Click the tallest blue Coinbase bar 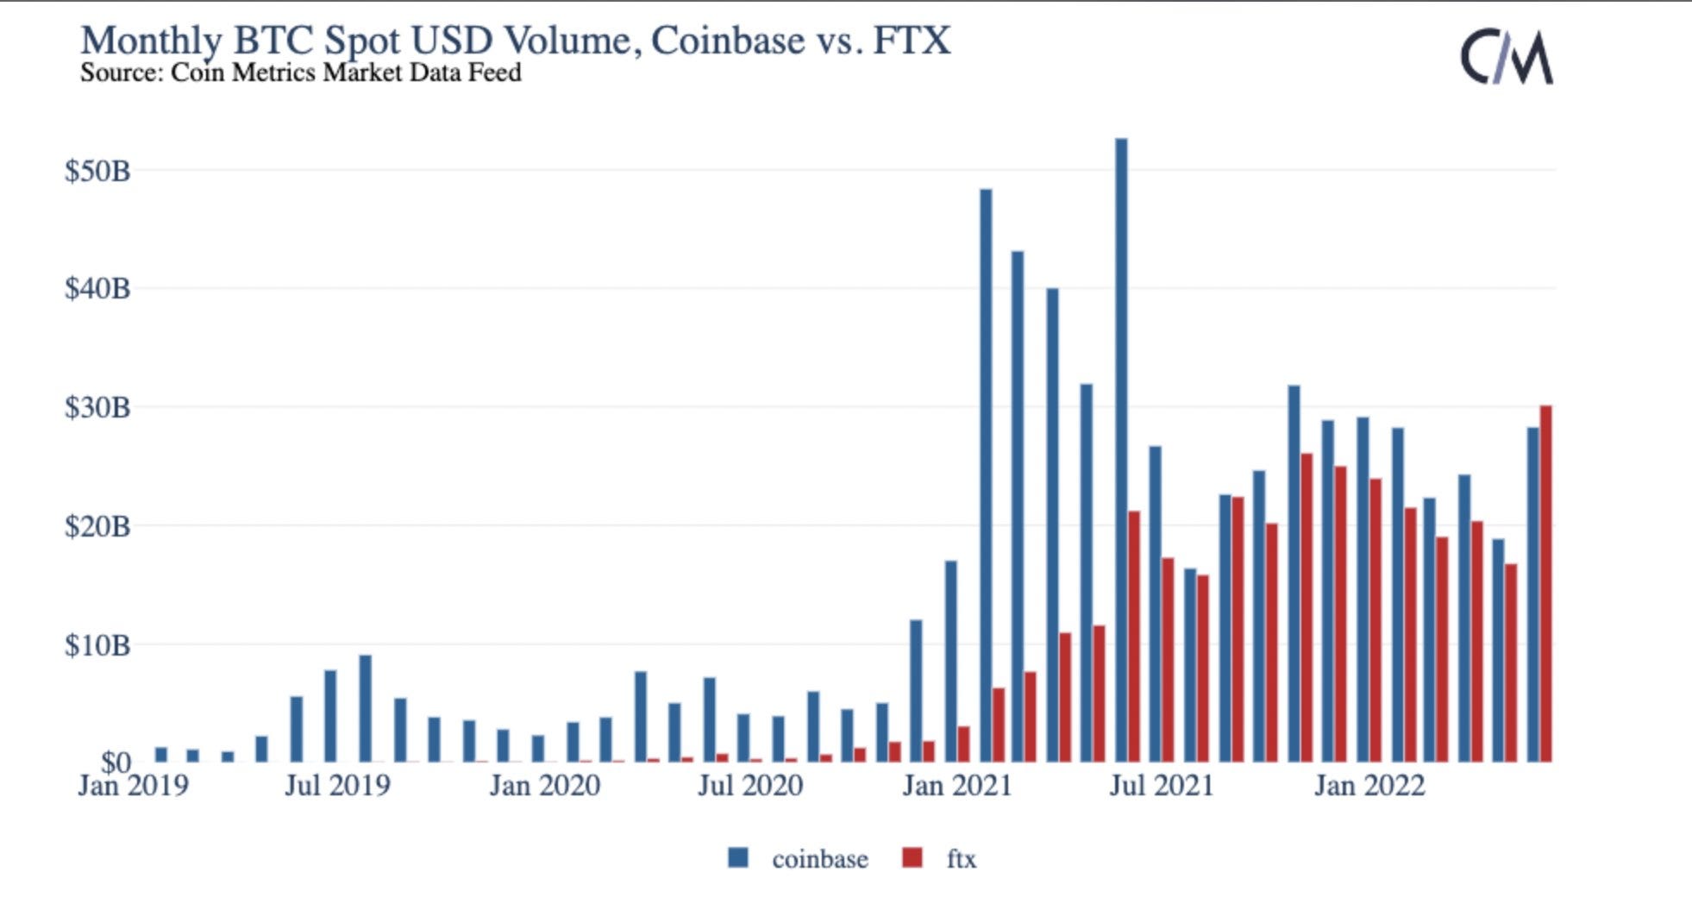click(x=1120, y=449)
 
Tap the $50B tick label click(x=97, y=171)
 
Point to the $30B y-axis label click(x=97, y=407)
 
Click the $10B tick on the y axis click(x=97, y=644)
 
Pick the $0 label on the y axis click(x=116, y=761)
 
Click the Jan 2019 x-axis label click(x=133, y=786)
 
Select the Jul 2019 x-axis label click(x=337, y=786)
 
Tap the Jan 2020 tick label click(x=544, y=786)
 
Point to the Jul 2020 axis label click(x=749, y=786)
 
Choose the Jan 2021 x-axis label click(x=956, y=786)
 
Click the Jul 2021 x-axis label click(x=1161, y=786)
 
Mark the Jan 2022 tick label click(x=1369, y=786)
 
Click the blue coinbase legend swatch click(x=738, y=858)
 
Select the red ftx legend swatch click(x=912, y=858)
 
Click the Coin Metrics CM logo click(x=1506, y=57)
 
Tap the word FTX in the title click(x=912, y=41)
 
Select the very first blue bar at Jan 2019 click(x=160, y=755)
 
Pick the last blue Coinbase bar click(x=1532, y=595)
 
